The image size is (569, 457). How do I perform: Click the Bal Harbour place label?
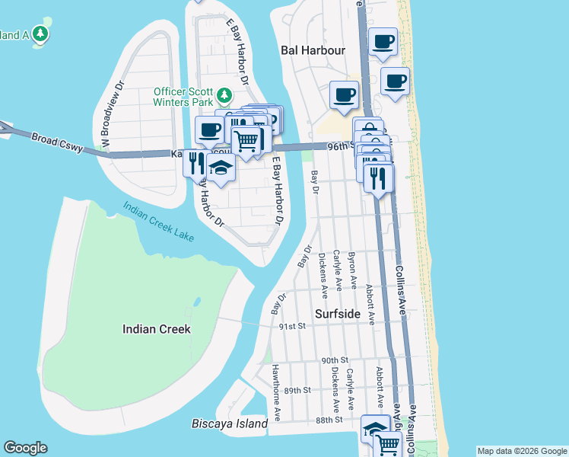[313, 50]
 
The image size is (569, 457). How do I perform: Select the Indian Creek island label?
[156, 329]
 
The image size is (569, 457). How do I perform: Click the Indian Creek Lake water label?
[158, 221]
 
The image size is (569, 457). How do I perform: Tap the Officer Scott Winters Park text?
[183, 95]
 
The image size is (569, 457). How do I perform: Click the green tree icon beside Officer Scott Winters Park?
[224, 95]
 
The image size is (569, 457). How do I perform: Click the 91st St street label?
[291, 326]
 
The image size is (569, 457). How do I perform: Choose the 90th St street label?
[334, 360]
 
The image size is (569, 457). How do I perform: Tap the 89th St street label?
[297, 390]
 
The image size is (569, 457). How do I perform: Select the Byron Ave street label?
[352, 270]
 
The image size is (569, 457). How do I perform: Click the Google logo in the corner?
[25, 448]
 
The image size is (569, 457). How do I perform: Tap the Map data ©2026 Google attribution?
[521, 451]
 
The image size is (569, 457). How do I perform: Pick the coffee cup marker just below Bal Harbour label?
[344, 95]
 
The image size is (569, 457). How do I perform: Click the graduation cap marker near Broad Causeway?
[221, 168]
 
